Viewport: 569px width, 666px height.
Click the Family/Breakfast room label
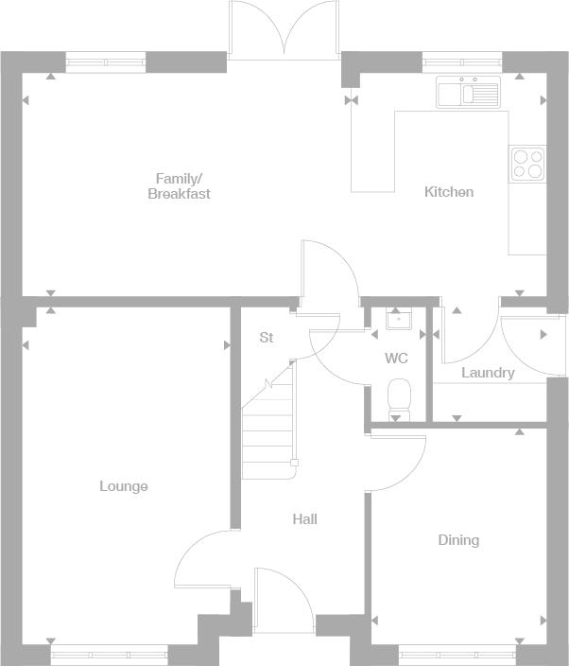click(179, 185)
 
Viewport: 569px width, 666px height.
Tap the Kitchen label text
click(448, 192)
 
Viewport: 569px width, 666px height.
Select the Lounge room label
click(124, 486)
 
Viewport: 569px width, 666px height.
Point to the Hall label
click(304, 518)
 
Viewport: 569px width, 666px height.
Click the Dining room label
click(458, 540)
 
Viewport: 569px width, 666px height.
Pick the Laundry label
click(488, 373)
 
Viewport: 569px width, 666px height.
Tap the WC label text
click(396, 359)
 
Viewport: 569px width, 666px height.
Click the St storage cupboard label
click(267, 338)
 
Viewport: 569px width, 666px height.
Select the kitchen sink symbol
click(468, 93)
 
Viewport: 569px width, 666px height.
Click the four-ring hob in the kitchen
click(527, 164)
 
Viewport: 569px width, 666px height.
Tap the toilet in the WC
click(399, 395)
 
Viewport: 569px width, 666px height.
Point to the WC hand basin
click(396, 319)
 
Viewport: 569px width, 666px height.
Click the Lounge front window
click(109, 652)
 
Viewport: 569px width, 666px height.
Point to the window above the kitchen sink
click(462, 63)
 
